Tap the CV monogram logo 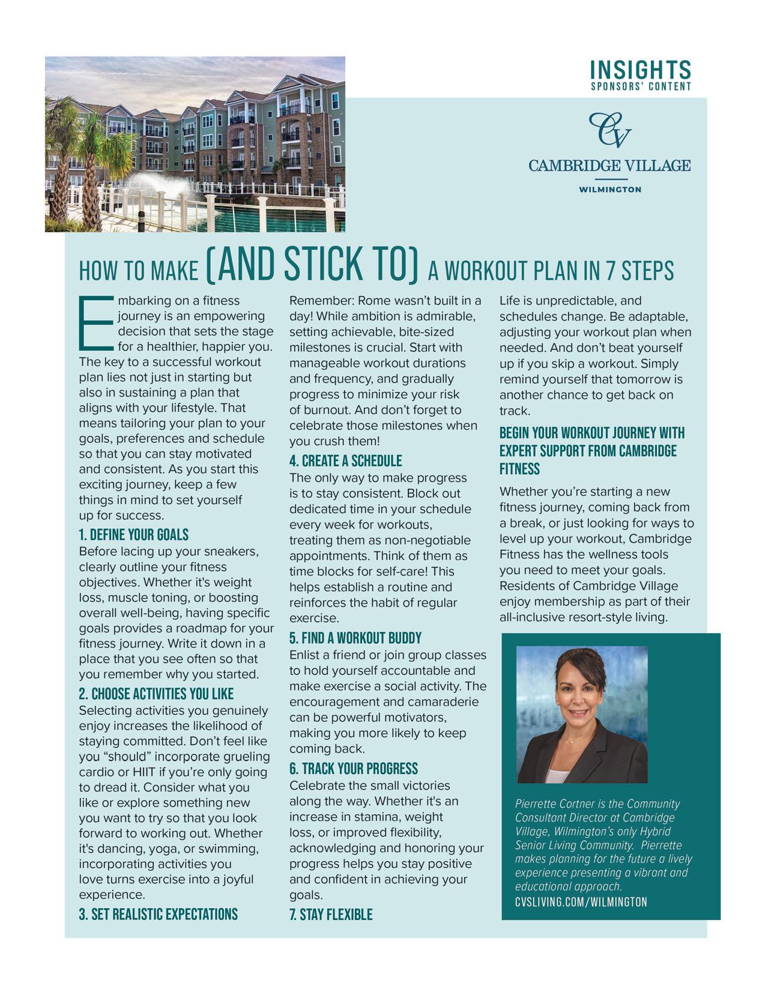pos(609,129)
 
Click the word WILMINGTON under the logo pos(609,189)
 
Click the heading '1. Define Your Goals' pos(134,535)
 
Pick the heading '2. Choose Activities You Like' pos(156,694)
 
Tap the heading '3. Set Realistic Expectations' pos(159,914)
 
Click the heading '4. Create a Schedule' pos(346,461)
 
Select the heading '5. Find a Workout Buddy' pos(355,638)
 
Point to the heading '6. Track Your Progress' pos(354,769)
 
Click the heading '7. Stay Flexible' pos(331,915)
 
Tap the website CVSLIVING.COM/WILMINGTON pos(581,902)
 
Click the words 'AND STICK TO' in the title pos(312,265)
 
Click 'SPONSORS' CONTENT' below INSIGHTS pos(641,86)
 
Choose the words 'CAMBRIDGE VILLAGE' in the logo pos(609,165)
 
